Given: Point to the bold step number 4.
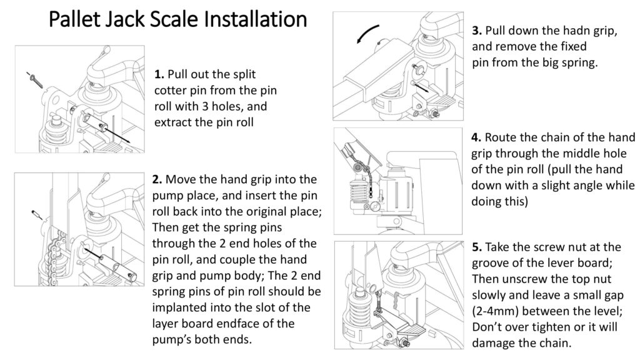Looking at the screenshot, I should [476, 137].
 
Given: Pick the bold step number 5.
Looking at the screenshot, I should [476, 247].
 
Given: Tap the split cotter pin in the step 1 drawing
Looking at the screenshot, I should [34, 79].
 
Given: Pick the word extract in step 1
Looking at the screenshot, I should [173, 122].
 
